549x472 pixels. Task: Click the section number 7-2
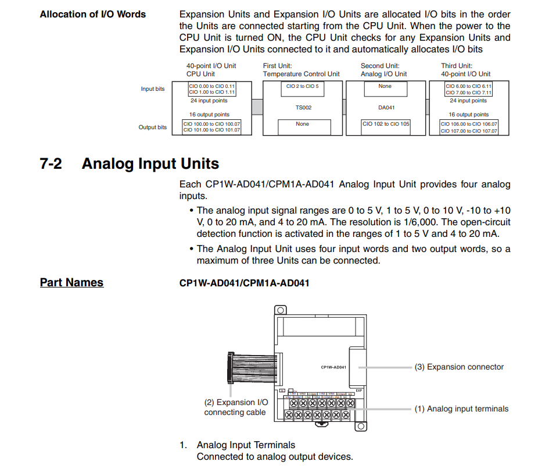point(51,164)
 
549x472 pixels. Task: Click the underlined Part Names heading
point(71,282)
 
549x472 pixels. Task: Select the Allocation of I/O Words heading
point(92,14)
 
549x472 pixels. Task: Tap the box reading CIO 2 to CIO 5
point(302,86)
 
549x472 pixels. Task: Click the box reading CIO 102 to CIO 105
point(386,124)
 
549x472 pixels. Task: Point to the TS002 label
point(302,108)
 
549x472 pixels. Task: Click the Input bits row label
point(152,89)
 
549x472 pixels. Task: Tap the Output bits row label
point(152,127)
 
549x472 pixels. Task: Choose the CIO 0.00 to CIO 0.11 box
point(211,86)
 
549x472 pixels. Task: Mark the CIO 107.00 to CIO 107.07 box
point(469,130)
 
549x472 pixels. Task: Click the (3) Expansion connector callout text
point(459,367)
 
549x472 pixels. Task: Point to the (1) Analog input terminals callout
point(461,409)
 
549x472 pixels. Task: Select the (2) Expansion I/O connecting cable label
point(235,407)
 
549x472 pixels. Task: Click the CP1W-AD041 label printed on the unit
point(333,367)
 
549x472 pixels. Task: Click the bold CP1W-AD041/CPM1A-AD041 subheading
point(244,283)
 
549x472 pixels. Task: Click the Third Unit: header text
point(457,66)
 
